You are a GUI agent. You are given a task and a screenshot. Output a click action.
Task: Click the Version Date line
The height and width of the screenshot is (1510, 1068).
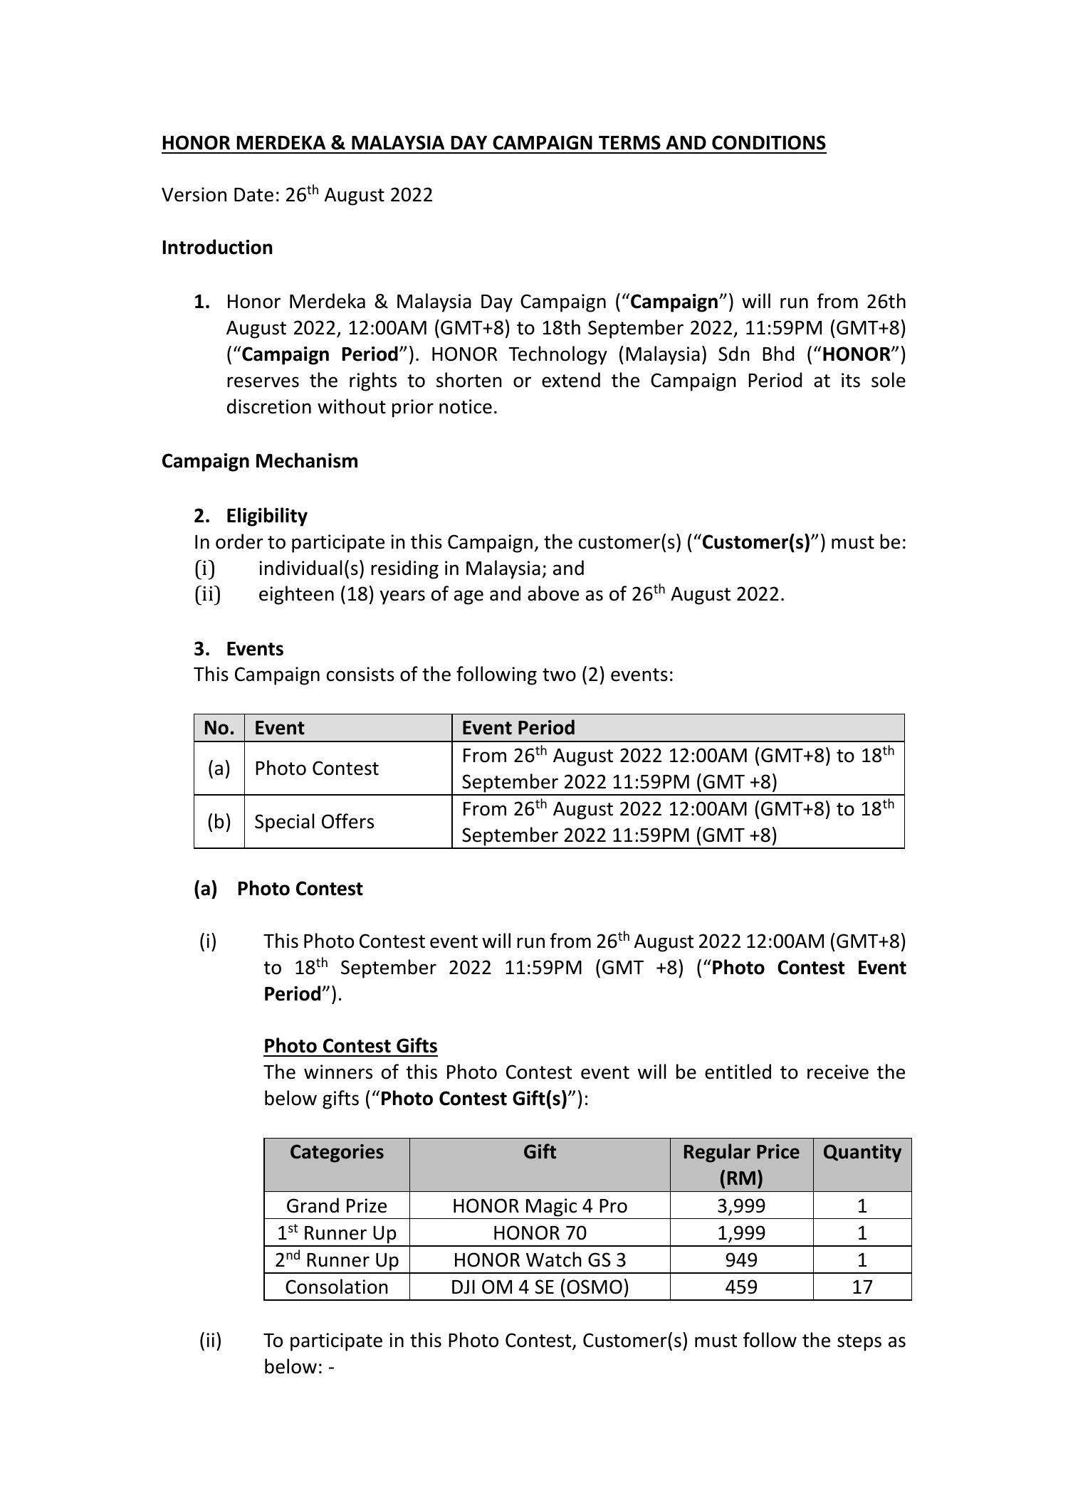point(297,195)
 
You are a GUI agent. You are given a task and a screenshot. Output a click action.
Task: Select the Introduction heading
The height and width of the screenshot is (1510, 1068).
point(217,248)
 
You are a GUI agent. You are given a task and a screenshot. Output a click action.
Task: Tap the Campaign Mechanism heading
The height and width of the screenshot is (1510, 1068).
point(260,461)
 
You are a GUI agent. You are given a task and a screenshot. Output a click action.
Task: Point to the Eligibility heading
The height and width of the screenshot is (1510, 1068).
point(266,516)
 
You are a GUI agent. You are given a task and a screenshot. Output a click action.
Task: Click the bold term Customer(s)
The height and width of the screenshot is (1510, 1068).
point(755,542)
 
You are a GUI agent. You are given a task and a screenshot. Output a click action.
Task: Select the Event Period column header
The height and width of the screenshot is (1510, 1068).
point(518,728)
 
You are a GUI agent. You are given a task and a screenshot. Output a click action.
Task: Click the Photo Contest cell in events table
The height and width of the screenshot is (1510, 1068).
point(316,769)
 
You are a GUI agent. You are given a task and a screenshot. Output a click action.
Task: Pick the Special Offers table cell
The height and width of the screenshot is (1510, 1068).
point(314,822)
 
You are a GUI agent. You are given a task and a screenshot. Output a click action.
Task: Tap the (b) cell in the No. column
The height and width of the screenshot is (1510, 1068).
point(219,822)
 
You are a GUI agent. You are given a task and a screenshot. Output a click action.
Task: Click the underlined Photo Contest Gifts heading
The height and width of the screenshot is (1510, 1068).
point(350,1046)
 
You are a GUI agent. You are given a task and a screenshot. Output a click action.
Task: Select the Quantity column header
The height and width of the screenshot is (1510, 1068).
point(862,1152)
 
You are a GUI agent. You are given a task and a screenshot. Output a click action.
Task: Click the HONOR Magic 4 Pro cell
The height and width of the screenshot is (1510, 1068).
point(540,1206)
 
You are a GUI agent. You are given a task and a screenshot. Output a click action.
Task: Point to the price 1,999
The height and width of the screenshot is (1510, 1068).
point(740,1233)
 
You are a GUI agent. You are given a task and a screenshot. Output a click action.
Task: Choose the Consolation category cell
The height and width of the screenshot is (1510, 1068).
point(336,1287)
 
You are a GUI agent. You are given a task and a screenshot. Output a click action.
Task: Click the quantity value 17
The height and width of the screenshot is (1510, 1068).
point(862,1287)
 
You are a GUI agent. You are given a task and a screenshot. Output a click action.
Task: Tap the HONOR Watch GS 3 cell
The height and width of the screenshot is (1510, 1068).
point(540,1260)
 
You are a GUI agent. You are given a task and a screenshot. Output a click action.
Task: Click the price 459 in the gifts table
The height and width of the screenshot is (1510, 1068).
point(740,1287)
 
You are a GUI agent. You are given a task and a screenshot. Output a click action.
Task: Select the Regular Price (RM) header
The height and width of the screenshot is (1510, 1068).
point(740,1165)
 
